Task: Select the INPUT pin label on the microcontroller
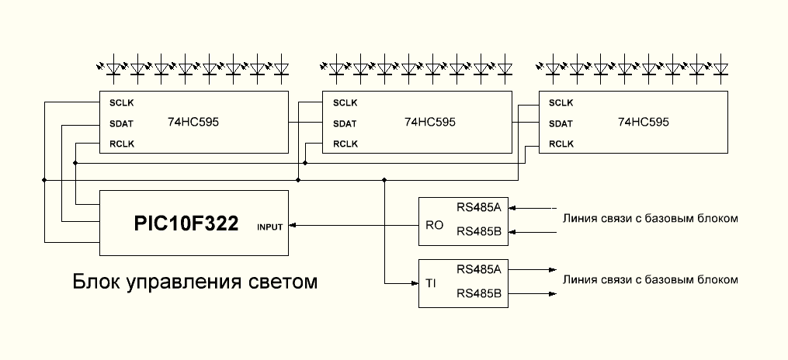click(x=269, y=227)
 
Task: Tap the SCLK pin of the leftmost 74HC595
click(x=122, y=102)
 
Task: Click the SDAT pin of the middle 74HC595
click(x=345, y=123)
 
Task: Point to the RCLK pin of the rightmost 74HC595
click(x=561, y=144)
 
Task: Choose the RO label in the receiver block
click(x=434, y=226)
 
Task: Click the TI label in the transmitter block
click(x=431, y=285)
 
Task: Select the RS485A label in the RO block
click(x=479, y=207)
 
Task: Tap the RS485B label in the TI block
click(x=479, y=293)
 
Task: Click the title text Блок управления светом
click(x=195, y=281)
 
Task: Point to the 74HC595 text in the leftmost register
click(x=193, y=122)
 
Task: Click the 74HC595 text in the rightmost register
click(x=643, y=122)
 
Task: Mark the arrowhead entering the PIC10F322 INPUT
click(x=293, y=226)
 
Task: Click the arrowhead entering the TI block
click(x=414, y=285)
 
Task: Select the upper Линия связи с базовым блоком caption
click(x=650, y=218)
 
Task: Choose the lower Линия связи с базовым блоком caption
click(x=650, y=279)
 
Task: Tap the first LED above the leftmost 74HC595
click(x=113, y=68)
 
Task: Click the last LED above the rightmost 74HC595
click(x=720, y=68)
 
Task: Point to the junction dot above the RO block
click(x=385, y=180)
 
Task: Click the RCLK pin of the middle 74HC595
click(x=345, y=144)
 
